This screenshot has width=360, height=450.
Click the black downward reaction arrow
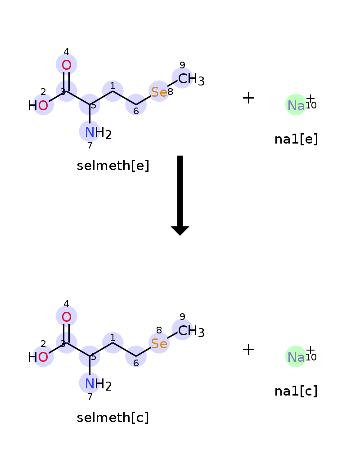pos(180,195)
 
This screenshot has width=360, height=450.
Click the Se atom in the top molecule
pos(159,92)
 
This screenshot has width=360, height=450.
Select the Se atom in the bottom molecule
pos(159,343)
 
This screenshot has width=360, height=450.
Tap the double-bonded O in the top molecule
pos(66,65)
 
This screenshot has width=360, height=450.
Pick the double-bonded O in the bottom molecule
pos(66,317)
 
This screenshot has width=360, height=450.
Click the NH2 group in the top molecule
pos(98,133)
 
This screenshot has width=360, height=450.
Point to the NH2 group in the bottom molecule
pos(98,385)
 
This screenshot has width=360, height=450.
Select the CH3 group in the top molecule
pos(191,79)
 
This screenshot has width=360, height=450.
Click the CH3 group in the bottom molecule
pos(191,331)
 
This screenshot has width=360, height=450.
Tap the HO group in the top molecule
pos(38,106)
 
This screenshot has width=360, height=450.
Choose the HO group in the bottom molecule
pos(38,357)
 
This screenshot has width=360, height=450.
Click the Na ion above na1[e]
pos(296,105)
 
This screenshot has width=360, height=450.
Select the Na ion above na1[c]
pos(296,357)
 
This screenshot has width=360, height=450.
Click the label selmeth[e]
pos(113,166)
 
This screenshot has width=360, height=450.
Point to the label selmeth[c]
pos(113,417)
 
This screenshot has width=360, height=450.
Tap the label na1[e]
pos(296,139)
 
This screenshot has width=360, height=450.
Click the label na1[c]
pos(296,391)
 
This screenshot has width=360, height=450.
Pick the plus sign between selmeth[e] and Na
pos(248,98)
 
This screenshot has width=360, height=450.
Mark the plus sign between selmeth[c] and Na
pos(248,350)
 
